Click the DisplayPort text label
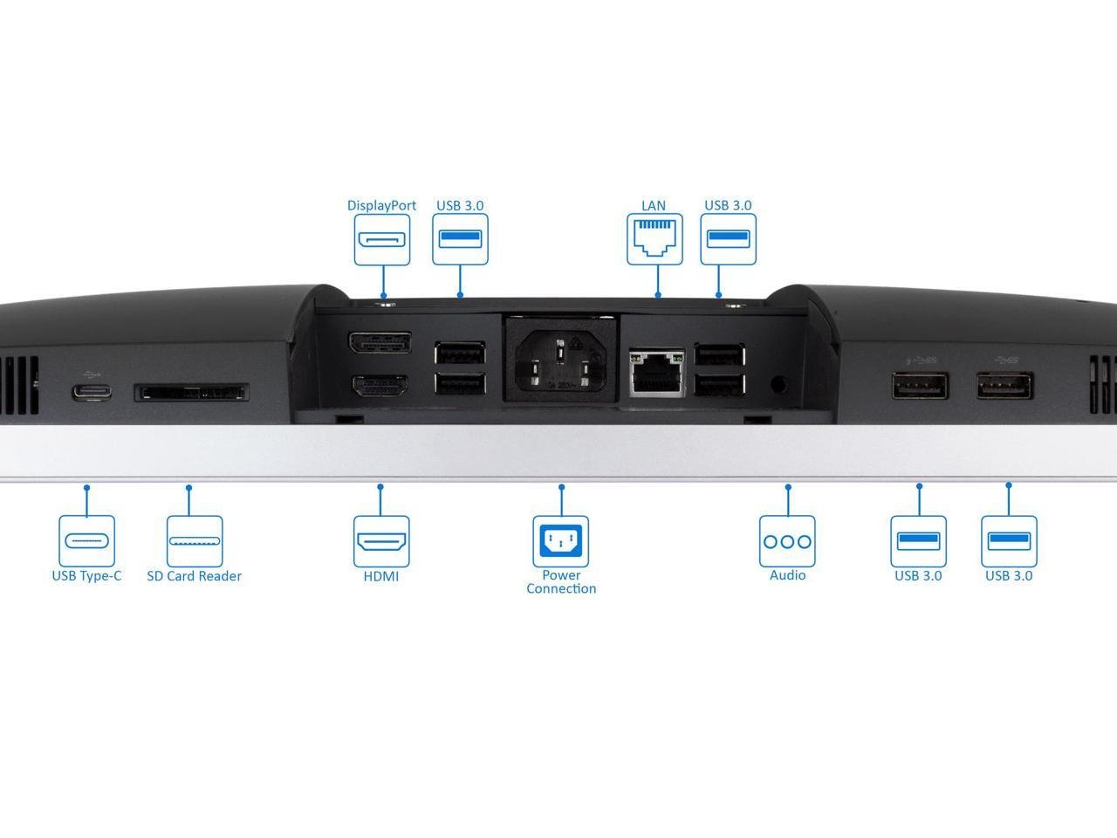381,206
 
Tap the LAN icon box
654,238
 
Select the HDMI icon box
381,541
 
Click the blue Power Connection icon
560,541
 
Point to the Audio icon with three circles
787,541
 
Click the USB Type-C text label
86,576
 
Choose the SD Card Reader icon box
195,541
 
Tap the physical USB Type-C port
92,391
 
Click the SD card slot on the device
191,393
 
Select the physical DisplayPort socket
380,342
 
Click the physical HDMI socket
380,386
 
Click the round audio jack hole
778,382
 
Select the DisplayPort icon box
381,239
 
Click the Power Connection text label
561,582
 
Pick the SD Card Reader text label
194,576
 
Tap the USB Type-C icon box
86,541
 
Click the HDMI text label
381,576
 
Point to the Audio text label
787,575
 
